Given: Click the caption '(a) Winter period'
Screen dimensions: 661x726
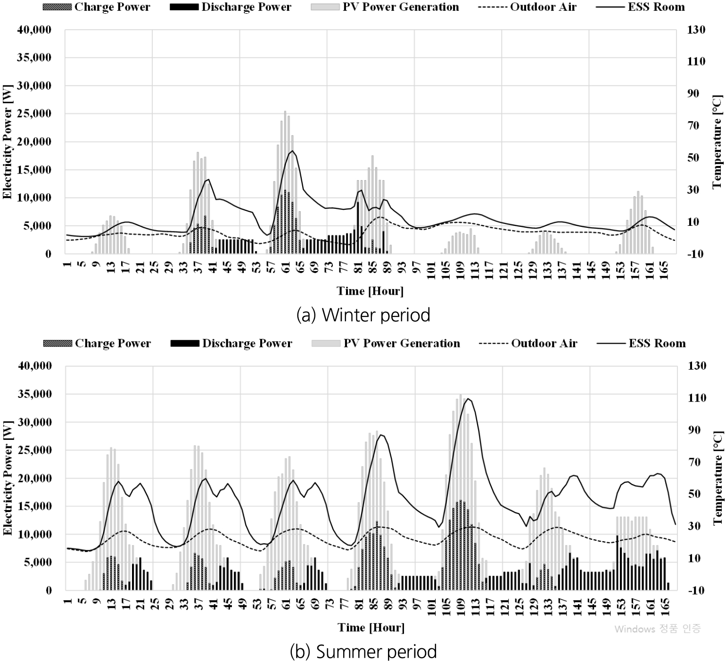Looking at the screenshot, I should [363, 314].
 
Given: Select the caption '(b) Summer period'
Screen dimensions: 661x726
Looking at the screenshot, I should [363, 651].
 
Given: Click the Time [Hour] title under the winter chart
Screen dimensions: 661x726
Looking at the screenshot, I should [370, 291].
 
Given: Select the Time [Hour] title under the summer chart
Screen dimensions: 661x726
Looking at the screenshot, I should [371, 628].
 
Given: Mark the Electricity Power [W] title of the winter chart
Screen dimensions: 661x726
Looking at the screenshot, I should [8, 141].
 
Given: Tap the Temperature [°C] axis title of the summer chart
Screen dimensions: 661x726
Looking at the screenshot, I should [718, 478].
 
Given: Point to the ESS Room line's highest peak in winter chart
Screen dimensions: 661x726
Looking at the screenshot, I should [292, 151].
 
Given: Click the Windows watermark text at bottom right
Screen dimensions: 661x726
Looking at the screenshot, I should [657, 629].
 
